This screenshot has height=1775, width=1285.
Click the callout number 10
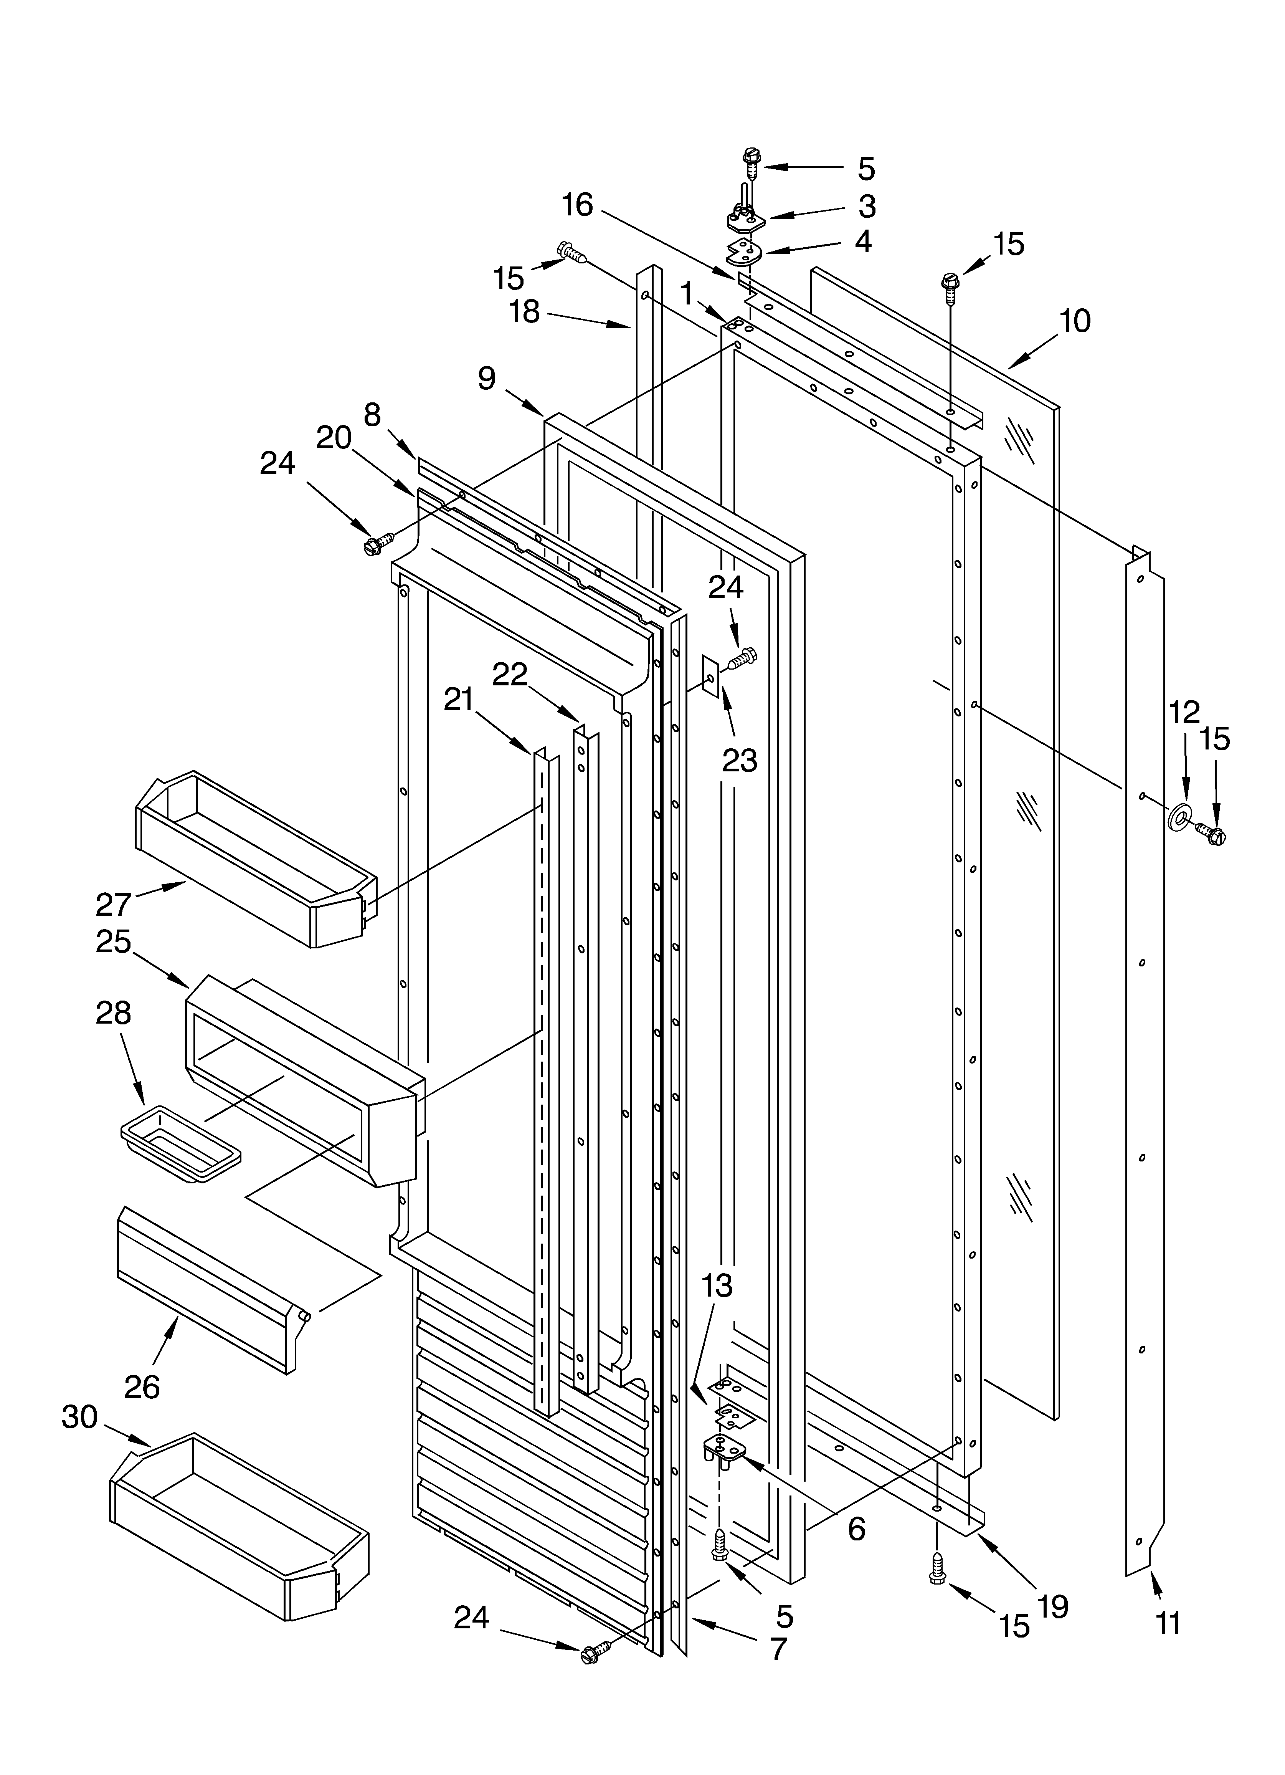[x=1075, y=321]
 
